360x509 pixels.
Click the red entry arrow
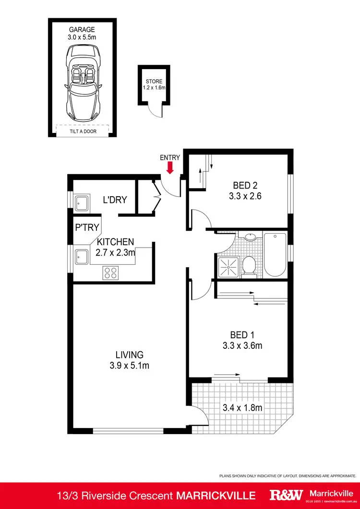coord(169,168)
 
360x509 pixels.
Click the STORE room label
coord(154,81)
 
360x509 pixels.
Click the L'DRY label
coord(115,200)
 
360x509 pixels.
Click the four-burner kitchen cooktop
coord(110,272)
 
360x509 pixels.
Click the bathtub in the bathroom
coord(275,254)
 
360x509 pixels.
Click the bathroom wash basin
coord(250,237)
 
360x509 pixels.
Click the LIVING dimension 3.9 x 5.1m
coord(129,366)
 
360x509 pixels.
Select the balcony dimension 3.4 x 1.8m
coord(242,408)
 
